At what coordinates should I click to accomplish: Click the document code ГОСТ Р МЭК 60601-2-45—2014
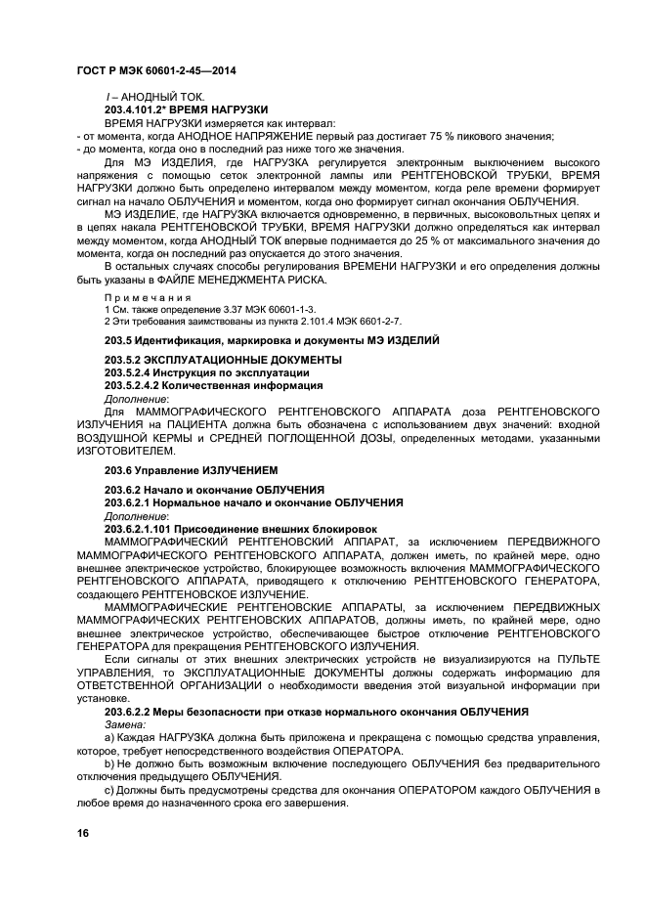click(155, 72)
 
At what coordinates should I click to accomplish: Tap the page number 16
click(83, 833)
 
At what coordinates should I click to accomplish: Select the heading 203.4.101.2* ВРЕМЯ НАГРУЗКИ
click(186, 110)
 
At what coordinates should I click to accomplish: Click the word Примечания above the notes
click(148, 296)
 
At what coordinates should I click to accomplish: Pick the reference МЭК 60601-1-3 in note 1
click(250, 308)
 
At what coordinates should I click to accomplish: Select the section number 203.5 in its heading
click(117, 339)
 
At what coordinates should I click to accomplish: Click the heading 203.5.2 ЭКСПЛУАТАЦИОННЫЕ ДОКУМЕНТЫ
click(223, 361)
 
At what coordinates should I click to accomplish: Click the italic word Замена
click(124, 725)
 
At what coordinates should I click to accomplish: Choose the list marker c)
click(110, 789)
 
